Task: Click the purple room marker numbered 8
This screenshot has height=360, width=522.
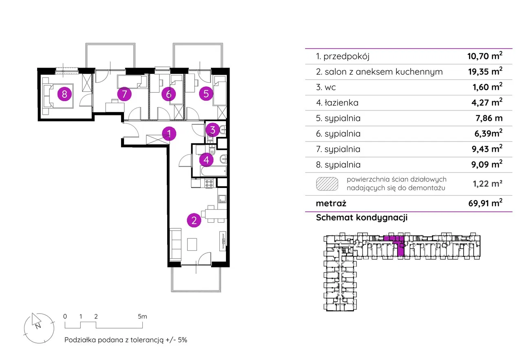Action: (64, 94)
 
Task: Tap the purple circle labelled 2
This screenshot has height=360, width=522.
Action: (194, 220)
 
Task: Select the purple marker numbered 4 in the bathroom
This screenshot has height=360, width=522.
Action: (206, 160)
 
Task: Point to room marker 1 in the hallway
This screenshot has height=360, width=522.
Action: (169, 133)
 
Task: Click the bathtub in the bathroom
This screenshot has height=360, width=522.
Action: (213, 171)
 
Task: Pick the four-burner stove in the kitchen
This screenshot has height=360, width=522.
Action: (209, 183)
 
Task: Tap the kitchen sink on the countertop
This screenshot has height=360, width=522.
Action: (222, 199)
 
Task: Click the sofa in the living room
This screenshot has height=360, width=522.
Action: (175, 245)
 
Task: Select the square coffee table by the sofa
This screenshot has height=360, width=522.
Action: (192, 244)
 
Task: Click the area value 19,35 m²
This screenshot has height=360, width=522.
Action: (485, 71)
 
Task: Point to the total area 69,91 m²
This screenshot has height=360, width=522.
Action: (485, 203)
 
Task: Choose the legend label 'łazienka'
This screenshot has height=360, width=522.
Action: (341, 103)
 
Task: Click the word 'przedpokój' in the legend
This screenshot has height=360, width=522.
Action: (347, 57)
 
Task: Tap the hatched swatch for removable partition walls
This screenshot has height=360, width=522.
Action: (327, 184)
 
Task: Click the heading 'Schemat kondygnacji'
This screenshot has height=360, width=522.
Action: (362, 217)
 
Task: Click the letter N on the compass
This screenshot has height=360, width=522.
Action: (38, 326)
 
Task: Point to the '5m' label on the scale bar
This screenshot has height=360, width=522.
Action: (142, 316)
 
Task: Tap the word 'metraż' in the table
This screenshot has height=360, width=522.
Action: (331, 203)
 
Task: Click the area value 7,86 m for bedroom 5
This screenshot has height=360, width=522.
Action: (489, 118)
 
